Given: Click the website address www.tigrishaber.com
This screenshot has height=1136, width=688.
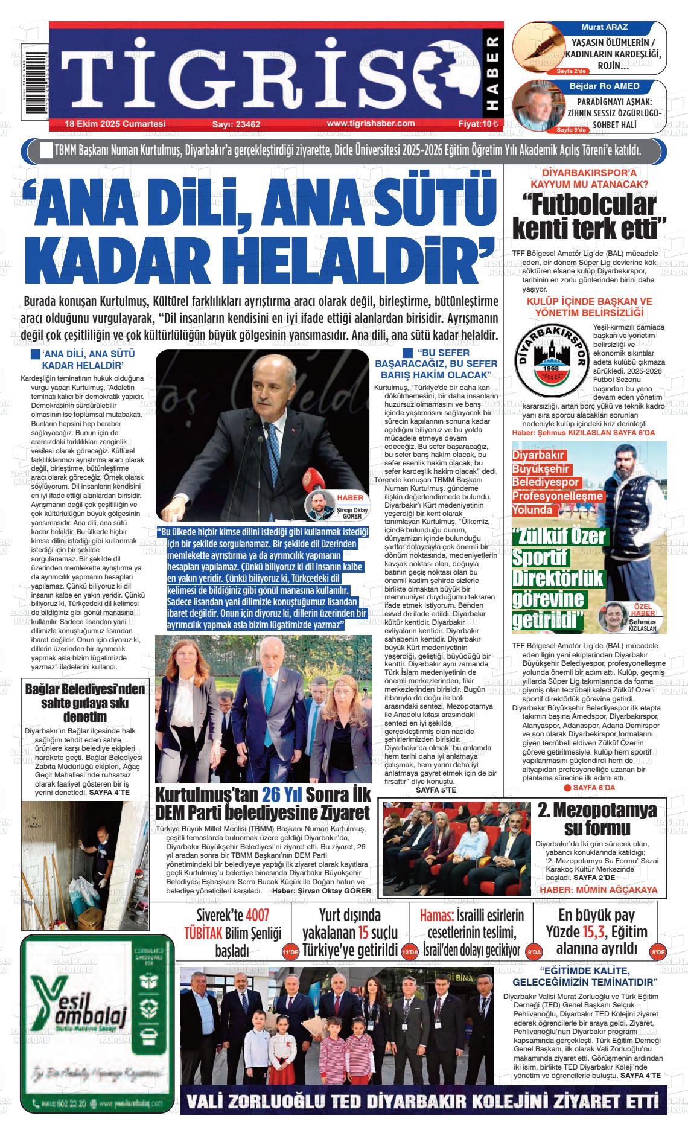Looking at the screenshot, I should click(x=371, y=123).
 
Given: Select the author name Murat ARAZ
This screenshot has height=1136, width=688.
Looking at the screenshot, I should click(x=604, y=28).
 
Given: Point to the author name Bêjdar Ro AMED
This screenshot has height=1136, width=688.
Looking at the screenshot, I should click(x=604, y=86).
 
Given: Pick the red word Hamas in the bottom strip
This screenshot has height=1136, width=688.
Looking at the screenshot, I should click(x=437, y=915).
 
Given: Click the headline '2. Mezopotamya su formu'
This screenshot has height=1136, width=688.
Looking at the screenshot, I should click(x=597, y=818).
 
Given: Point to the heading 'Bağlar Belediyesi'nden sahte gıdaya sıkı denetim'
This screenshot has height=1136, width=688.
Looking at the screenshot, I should click(x=84, y=703).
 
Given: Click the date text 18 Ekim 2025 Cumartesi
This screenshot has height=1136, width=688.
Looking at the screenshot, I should click(x=115, y=124).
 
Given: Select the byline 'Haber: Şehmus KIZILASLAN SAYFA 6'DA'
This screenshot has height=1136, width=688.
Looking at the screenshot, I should click(x=583, y=433).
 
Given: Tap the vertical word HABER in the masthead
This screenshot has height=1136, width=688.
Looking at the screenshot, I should click(x=492, y=75).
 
